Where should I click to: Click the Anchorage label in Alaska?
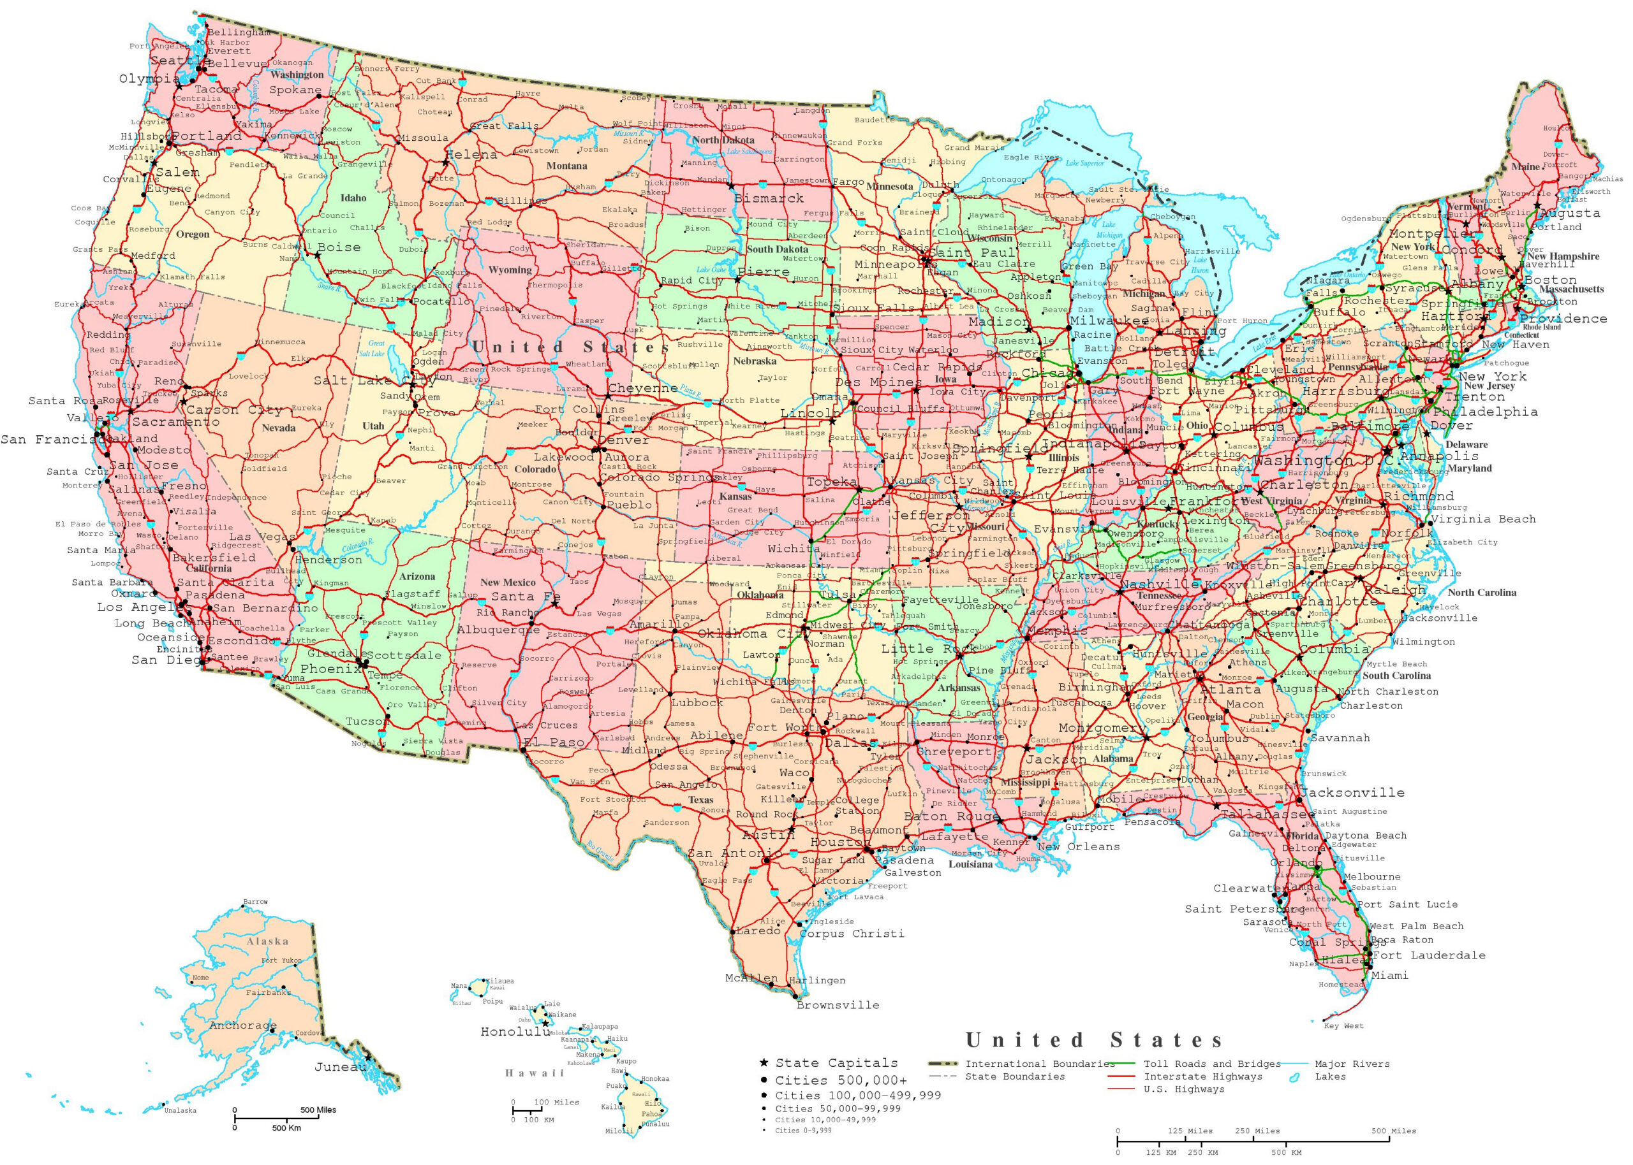(242, 1025)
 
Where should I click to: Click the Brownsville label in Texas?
(838, 1005)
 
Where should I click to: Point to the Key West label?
(1344, 1026)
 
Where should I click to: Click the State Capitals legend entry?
(836, 1063)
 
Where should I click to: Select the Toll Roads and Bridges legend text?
(1211, 1064)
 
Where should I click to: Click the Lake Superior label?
(1084, 163)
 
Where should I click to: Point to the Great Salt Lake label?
(373, 349)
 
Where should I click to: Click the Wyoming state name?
(510, 270)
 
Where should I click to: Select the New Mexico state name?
(508, 582)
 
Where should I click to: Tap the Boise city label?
(339, 247)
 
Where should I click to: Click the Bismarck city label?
(769, 198)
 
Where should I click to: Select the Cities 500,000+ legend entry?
(841, 1080)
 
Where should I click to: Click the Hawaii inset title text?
(534, 1073)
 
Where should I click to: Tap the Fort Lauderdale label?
(1429, 955)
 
